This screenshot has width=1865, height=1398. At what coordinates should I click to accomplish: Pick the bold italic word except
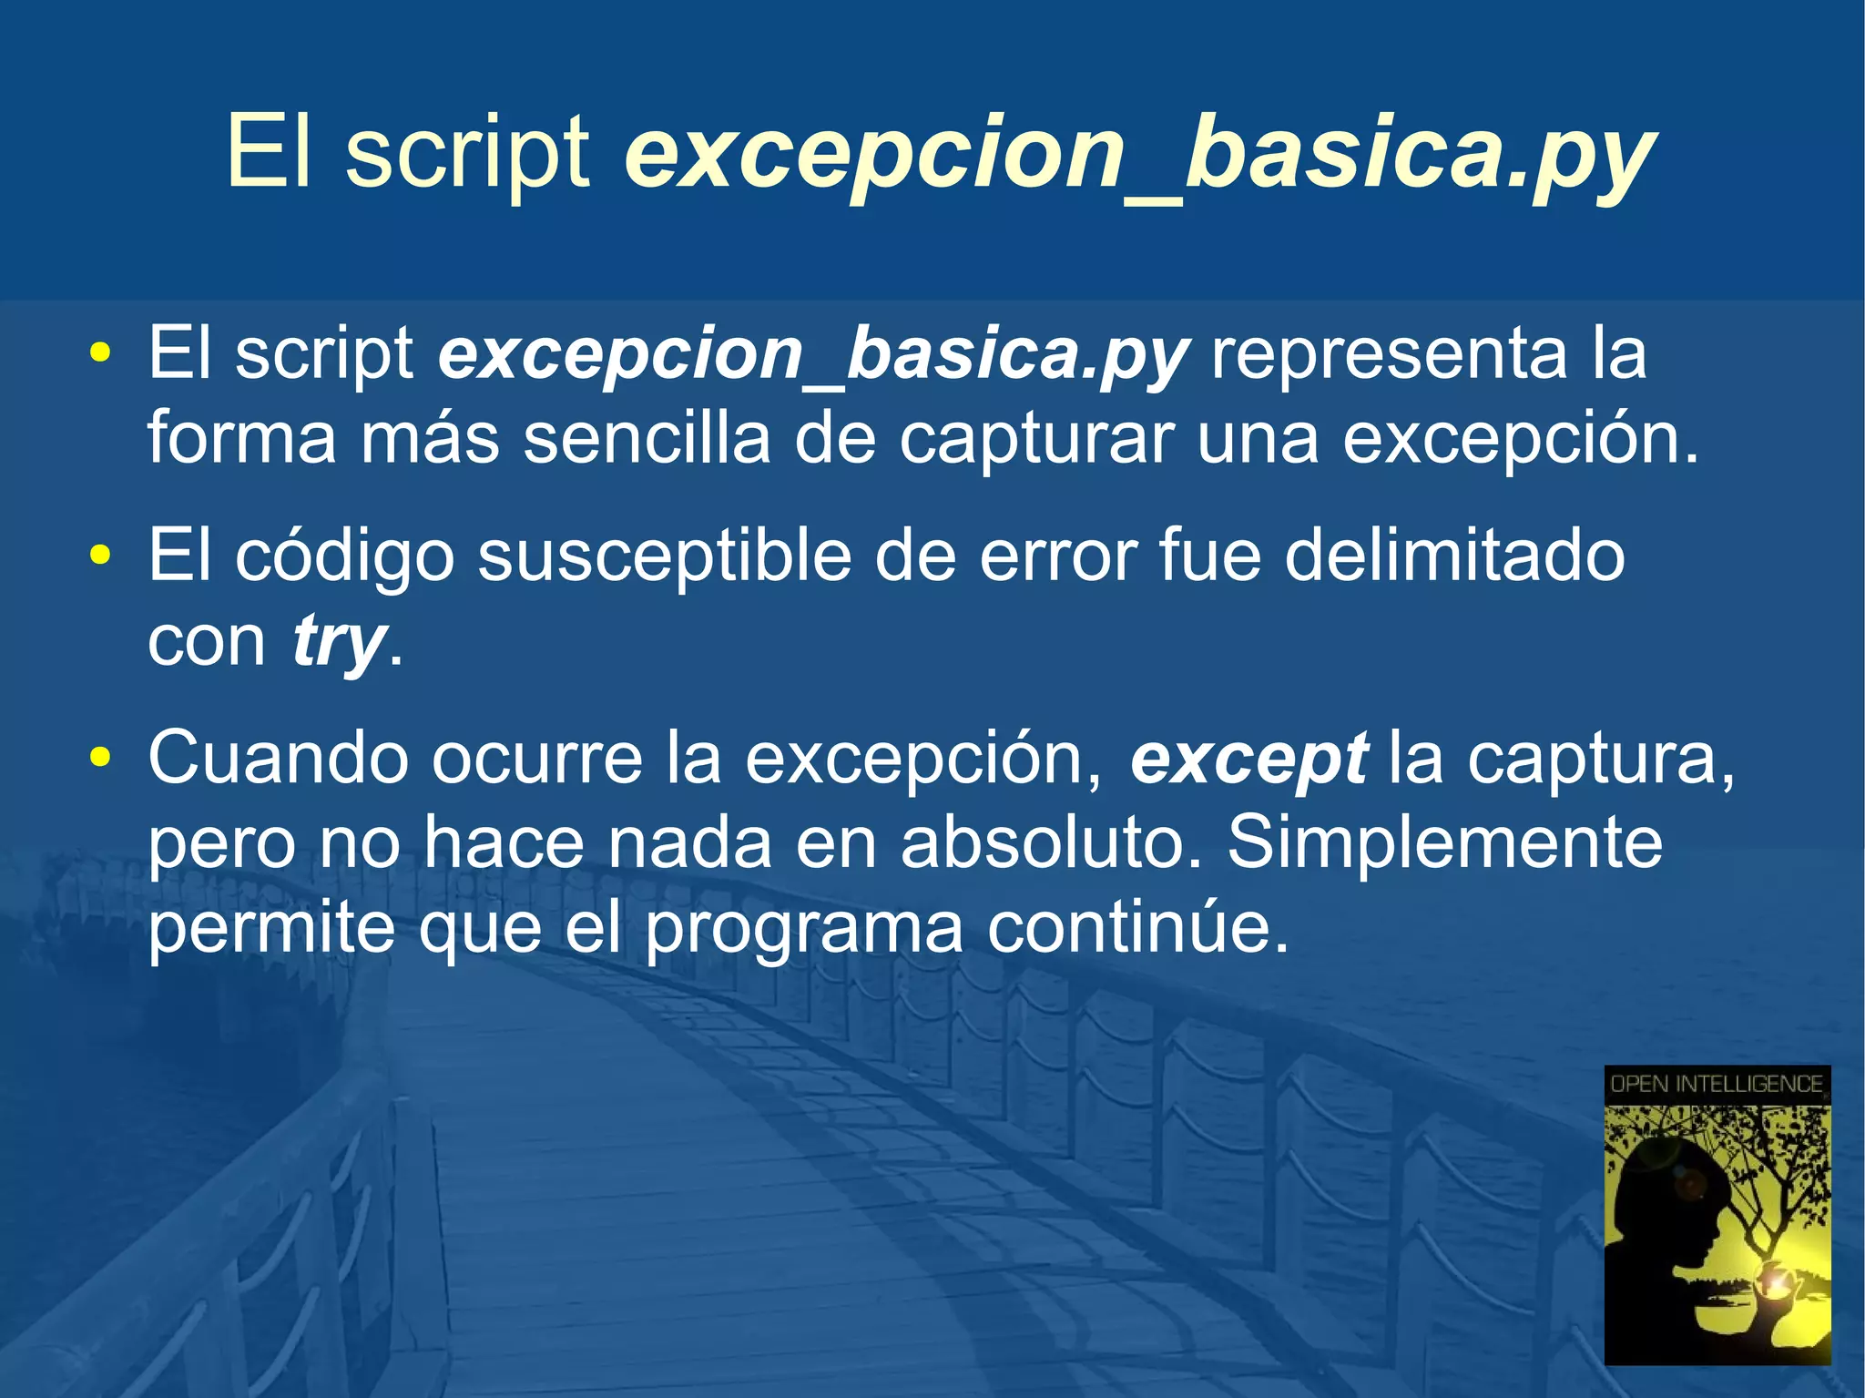(x=1248, y=759)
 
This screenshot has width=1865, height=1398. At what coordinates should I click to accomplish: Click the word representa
(x=1389, y=353)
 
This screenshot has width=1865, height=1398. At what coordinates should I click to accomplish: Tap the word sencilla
(x=647, y=438)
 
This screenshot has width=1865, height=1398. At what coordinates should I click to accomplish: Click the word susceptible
(x=664, y=557)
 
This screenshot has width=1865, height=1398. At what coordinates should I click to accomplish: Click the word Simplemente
(x=1444, y=843)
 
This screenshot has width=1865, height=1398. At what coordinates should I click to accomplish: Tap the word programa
(x=804, y=929)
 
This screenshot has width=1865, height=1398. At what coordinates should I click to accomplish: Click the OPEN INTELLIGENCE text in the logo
(x=1716, y=1084)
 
